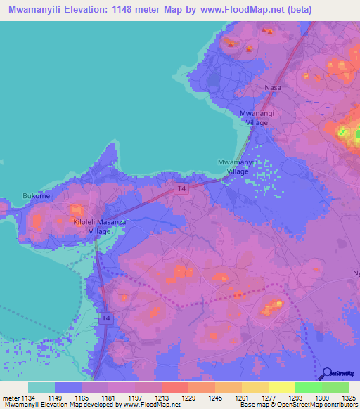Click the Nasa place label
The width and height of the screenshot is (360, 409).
[273, 88]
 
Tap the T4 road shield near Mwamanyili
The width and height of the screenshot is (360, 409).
[181, 188]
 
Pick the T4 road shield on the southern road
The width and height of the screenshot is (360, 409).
[105, 318]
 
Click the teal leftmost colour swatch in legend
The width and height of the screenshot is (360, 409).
[41, 387]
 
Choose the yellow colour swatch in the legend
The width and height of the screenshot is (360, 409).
[281, 387]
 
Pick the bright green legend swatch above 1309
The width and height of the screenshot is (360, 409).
[308, 387]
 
